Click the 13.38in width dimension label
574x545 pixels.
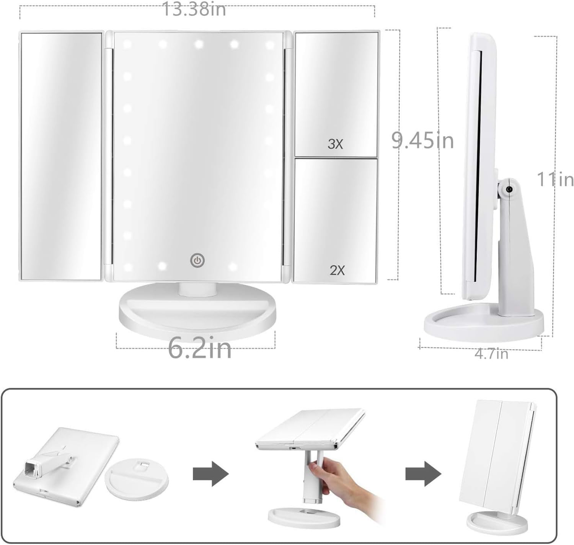click(x=194, y=9)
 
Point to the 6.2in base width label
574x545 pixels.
click(x=200, y=349)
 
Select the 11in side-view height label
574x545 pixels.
click(x=555, y=179)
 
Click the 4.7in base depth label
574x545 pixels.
click(x=491, y=354)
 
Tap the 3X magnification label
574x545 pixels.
click(x=335, y=144)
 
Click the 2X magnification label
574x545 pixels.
click(x=337, y=270)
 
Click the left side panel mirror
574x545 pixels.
click(x=61, y=156)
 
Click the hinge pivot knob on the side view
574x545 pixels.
click(x=509, y=189)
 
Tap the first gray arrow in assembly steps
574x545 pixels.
click(x=210, y=474)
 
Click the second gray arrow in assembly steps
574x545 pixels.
click(x=423, y=474)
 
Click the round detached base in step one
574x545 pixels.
click(x=137, y=480)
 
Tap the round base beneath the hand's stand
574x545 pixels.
click(x=304, y=517)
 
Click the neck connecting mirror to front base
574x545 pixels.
click(x=197, y=289)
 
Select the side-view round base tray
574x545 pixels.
click(x=483, y=325)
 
